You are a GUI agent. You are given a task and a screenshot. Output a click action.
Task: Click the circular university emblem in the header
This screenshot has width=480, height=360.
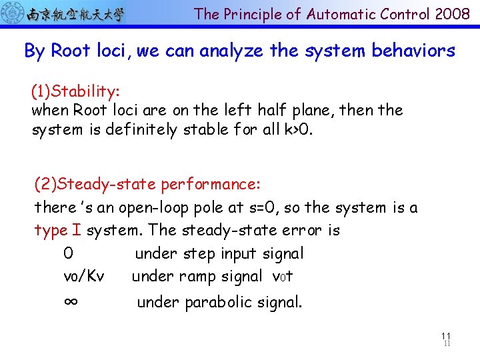[x=13, y=13]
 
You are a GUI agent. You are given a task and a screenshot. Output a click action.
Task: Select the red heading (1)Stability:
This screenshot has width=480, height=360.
[x=75, y=91]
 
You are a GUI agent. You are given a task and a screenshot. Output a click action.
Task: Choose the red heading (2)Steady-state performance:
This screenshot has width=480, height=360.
[x=147, y=183]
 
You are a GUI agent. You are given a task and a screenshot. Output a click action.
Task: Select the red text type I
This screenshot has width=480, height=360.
[x=58, y=231]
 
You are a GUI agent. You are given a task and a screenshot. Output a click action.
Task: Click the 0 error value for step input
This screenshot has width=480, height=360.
[x=68, y=253]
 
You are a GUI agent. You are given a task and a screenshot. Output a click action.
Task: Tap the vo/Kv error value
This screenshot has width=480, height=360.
[x=83, y=276]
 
